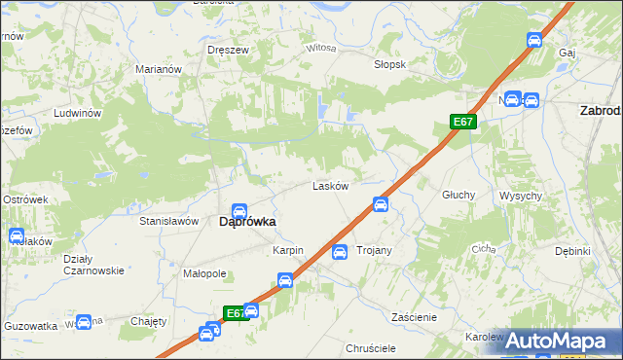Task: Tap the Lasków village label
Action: [x=330, y=186]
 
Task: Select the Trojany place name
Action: [x=374, y=251]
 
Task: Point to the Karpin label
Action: [x=288, y=251]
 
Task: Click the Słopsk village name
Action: [x=389, y=64]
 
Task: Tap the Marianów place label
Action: [x=160, y=70]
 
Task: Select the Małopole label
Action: [x=204, y=274]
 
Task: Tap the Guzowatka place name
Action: [x=29, y=327]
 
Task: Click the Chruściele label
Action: [x=370, y=347]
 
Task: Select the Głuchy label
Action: [x=458, y=195]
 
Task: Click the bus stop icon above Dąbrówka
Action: [x=239, y=211]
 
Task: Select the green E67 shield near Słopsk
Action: [x=463, y=122]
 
